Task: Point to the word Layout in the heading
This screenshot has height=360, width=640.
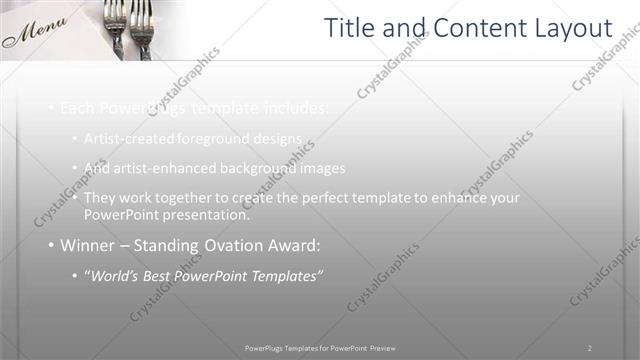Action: (570, 29)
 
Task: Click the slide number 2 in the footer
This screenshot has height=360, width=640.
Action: (589, 347)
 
